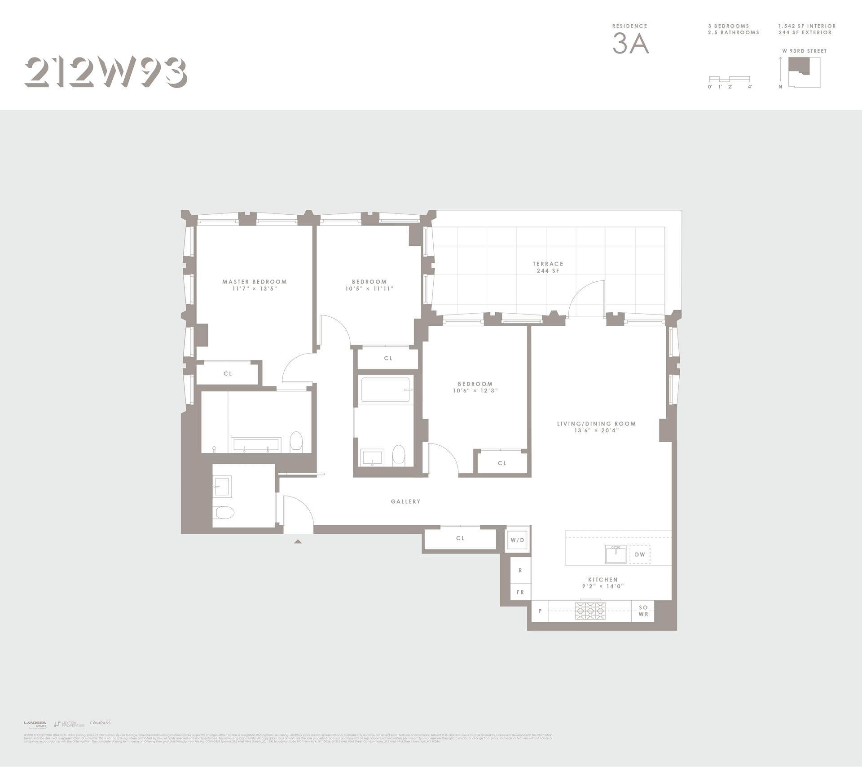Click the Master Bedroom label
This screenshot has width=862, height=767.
click(255, 282)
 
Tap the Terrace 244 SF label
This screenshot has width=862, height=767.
click(548, 267)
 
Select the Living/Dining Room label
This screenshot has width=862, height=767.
click(596, 424)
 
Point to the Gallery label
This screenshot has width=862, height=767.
click(405, 501)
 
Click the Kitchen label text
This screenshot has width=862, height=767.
click(603, 580)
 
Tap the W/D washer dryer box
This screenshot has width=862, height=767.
click(517, 540)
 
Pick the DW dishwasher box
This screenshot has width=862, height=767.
click(640, 554)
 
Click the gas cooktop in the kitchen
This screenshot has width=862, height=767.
click(590, 611)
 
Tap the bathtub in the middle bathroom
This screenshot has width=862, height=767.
click(387, 390)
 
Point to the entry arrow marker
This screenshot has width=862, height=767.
click(298, 542)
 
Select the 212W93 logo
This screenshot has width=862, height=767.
click(106, 72)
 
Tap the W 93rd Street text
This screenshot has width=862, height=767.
click(805, 51)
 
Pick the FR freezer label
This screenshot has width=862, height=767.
click(520, 592)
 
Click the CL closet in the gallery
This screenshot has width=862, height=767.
click(460, 538)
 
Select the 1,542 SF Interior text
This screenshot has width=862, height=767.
click(807, 26)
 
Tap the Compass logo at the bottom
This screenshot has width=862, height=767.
click(100, 736)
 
